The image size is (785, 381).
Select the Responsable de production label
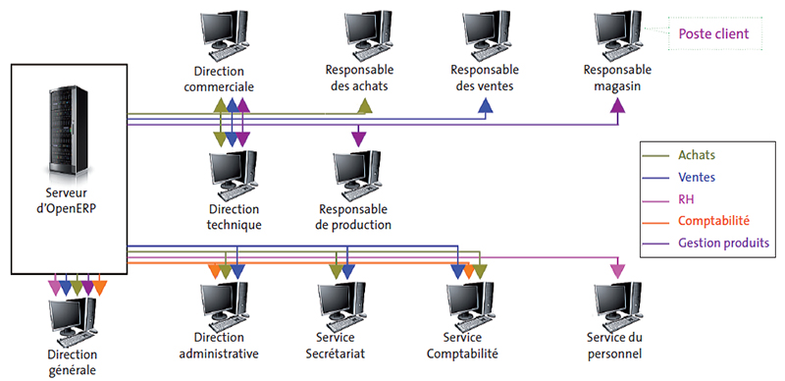point(353,217)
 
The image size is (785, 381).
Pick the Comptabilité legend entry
point(712,221)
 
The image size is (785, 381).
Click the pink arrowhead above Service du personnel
point(617,270)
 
